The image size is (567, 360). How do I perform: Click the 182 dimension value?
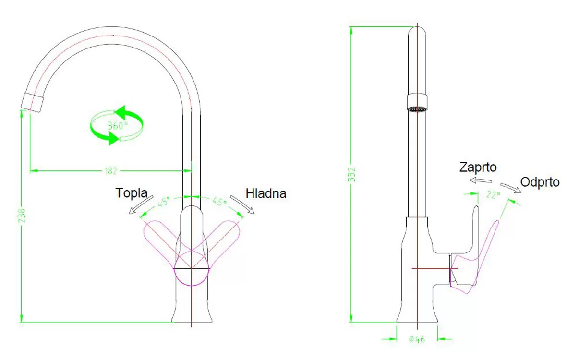(110, 170)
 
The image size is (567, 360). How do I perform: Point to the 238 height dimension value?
(22, 216)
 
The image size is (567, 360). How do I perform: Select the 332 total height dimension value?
(351, 175)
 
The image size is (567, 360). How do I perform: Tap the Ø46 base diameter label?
(417, 339)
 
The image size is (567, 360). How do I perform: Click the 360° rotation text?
(118, 125)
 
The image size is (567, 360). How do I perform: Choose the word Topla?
(132, 193)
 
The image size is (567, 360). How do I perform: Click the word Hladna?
(266, 193)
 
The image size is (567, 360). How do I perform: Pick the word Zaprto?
(478, 167)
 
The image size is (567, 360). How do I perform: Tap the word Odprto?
(540, 182)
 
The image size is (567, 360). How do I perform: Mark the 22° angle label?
(493, 194)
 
